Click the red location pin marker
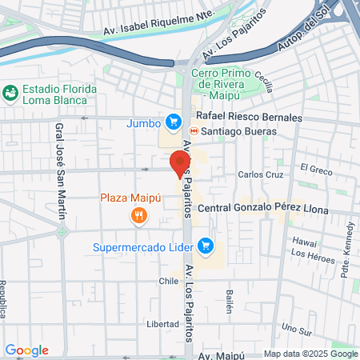click(x=177, y=164)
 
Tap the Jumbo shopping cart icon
click(x=172, y=122)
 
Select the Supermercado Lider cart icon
click(x=206, y=246)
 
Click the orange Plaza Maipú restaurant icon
click(x=139, y=215)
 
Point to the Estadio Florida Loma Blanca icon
click(x=10, y=94)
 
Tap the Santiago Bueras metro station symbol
click(x=193, y=130)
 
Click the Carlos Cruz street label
click(x=260, y=174)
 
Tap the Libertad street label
click(x=162, y=324)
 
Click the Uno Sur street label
click(x=296, y=329)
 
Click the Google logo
click(x=26, y=350)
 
